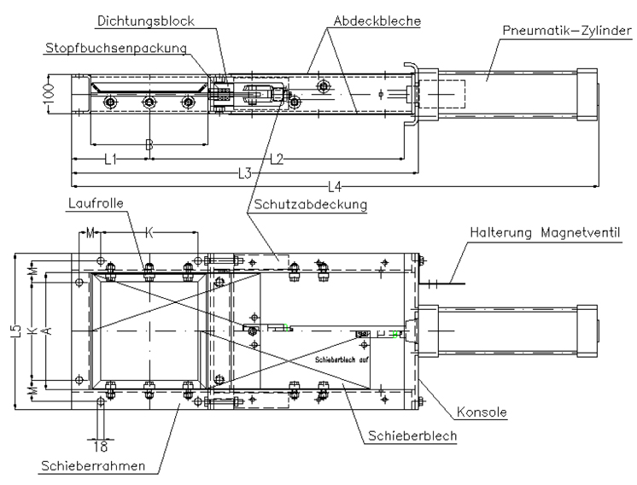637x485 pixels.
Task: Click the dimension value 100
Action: (x=50, y=91)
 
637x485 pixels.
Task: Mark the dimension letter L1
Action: (x=110, y=158)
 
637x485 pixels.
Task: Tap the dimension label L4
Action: (x=333, y=186)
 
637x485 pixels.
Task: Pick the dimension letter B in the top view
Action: (x=149, y=145)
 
